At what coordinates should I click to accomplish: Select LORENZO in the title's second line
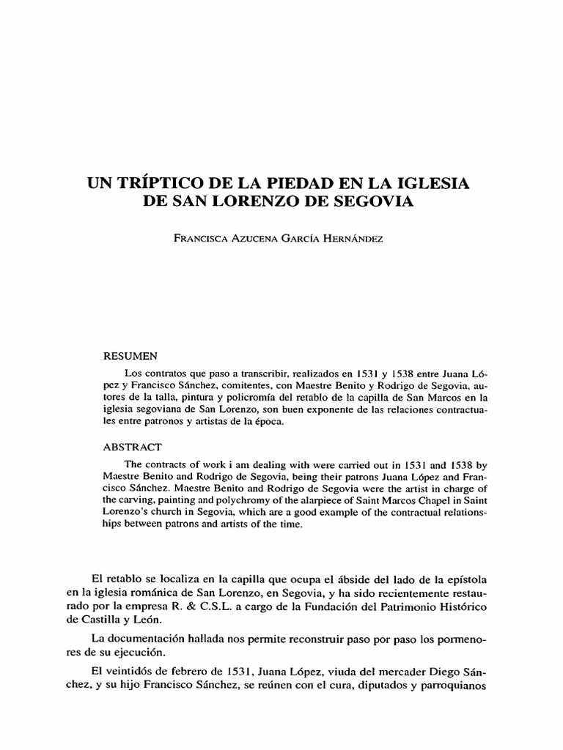coord(255,200)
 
